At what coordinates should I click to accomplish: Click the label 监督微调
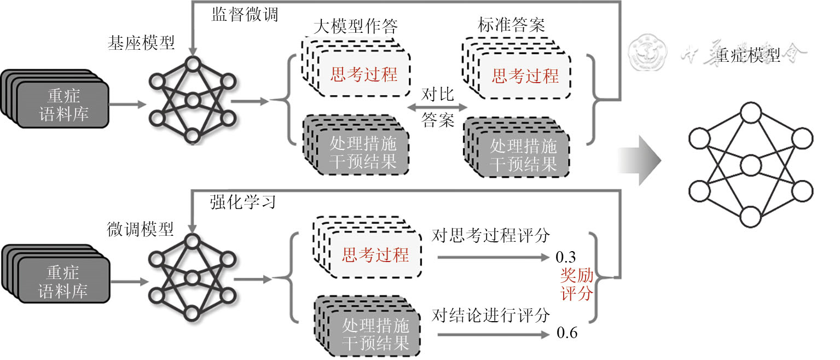[245, 14]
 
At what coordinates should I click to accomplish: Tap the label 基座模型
[141, 43]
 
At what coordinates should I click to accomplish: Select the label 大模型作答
[356, 25]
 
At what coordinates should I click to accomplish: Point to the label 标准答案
[511, 25]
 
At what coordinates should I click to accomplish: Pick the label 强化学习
[242, 202]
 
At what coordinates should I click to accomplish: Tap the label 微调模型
[140, 230]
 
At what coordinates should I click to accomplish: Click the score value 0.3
[566, 257]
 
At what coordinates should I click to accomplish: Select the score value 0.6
[566, 333]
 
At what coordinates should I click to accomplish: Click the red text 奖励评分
[577, 284]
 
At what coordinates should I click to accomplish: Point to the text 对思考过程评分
[490, 235]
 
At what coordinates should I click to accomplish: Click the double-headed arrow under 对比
[438, 108]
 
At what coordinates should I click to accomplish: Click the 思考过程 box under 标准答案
[525, 76]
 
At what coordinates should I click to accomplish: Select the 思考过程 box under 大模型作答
[364, 74]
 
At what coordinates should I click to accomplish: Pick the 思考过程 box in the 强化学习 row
[375, 254]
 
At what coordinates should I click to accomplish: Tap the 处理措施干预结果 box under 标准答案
[523, 155]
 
